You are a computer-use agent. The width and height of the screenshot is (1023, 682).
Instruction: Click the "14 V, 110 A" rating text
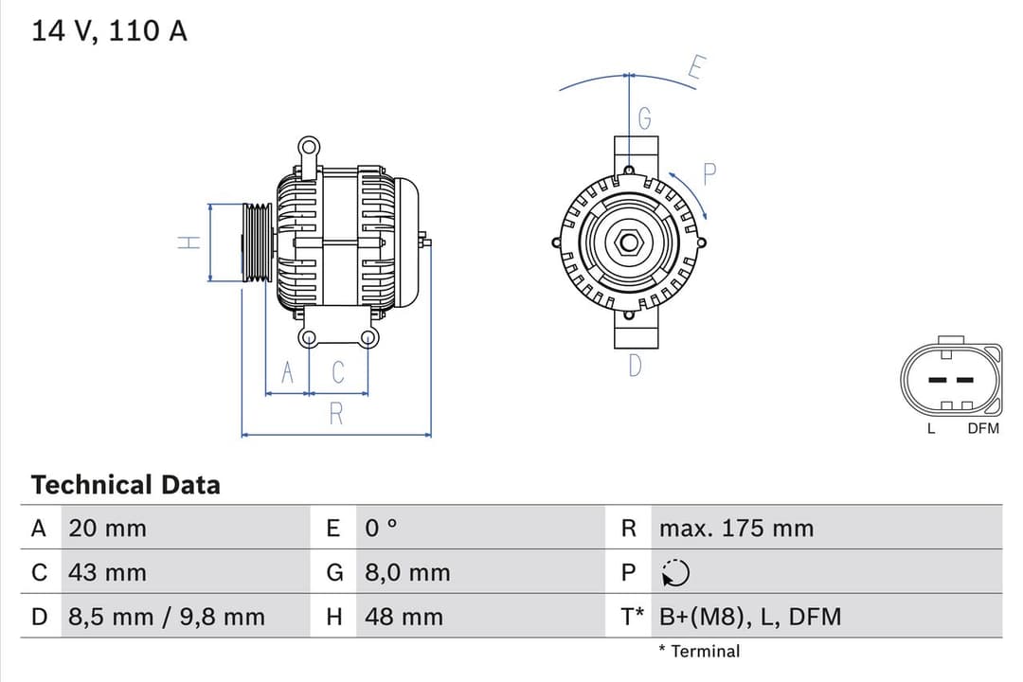click(109, 30)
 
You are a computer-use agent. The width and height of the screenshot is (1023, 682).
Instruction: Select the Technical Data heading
click(125, 485)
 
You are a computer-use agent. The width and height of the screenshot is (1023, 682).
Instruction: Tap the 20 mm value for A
click(107, 529)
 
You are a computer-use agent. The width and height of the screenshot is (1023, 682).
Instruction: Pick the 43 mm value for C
click(107, 572)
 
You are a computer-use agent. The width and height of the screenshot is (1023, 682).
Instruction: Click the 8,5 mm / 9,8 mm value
click(167, 617)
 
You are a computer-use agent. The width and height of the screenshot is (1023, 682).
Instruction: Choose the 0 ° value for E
click(382, 529)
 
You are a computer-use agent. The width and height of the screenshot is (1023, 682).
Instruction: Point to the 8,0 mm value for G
click(407, 572)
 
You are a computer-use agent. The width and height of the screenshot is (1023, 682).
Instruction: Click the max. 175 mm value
click(736, 529)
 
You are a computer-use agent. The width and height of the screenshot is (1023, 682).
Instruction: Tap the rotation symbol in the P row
click(675, 573)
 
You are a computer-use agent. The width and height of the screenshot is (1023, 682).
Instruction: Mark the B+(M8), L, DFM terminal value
click(750, 617)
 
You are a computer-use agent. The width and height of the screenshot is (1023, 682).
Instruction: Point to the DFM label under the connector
click(983, 429)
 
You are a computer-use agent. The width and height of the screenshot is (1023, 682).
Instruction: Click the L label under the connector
click(931, 429)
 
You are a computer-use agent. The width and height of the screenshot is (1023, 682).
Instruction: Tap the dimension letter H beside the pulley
click(189, 242)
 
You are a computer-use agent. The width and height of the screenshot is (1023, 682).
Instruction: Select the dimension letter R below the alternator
click(336, 414)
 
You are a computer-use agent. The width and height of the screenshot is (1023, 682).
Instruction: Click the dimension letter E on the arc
click(696, 68)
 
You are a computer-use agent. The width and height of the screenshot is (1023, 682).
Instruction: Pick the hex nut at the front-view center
click(628, 242)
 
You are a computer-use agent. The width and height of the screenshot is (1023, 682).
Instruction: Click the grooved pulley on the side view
click(257, 242)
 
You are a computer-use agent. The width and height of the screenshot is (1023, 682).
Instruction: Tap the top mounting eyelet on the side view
click(308, 147)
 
